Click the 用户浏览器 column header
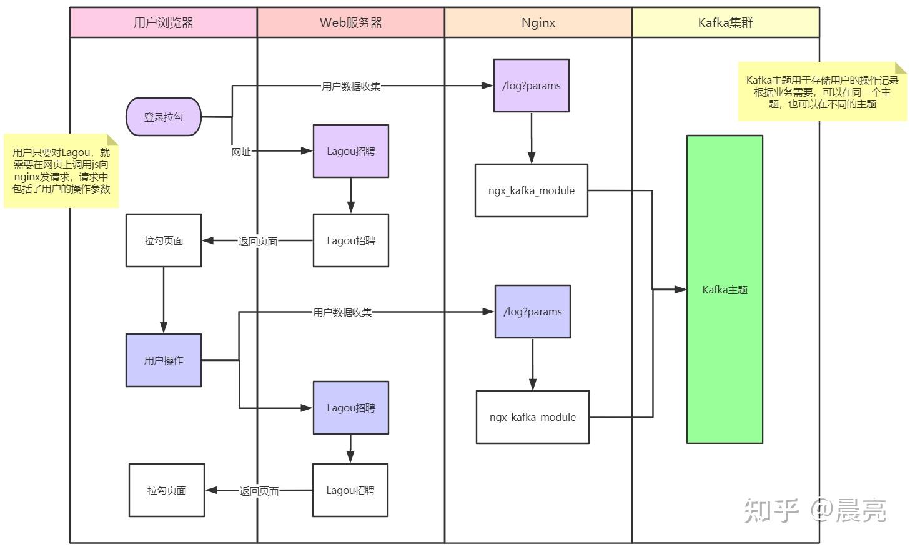[163, 23]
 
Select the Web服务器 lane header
[350, 23]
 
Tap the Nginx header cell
[538, 23]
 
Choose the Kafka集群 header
[725, 23]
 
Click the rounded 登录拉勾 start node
[164, 117]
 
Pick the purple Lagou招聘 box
[350, 151]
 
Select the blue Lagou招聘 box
[350, 408]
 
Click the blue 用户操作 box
[164, 360]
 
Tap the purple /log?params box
[531, 86]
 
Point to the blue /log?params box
[532, 312]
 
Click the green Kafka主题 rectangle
[725, 289]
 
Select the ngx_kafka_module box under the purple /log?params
[531, 190]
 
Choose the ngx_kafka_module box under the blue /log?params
[532, 417]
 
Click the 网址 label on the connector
[241, 152]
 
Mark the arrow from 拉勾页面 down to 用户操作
[164, 300]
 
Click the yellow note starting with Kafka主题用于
[822, 92]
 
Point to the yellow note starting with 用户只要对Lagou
[61, 170]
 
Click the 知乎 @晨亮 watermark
[814, 510]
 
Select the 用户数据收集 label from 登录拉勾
[350, 86]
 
